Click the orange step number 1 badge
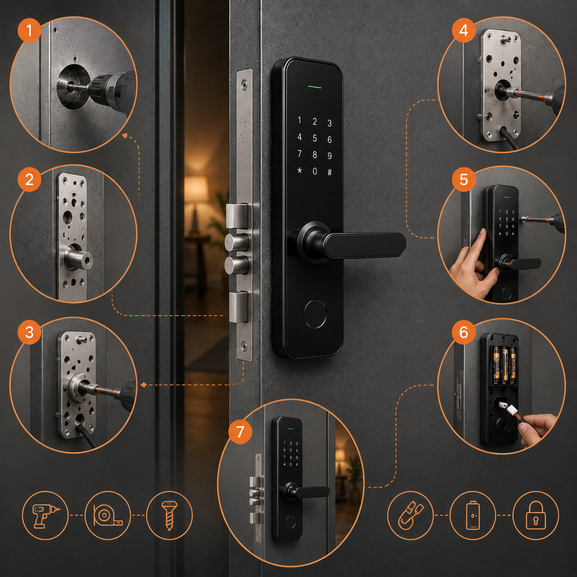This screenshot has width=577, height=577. [x=29, y=30]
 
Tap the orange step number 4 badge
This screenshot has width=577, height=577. [x=463, y=30]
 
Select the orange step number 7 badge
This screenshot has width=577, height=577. [x=240, y=432]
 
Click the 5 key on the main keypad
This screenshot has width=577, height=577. [x=314, y=138]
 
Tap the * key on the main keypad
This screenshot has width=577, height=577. [x=300, y=171]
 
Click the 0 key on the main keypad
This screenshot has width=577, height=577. [x=314, y=171]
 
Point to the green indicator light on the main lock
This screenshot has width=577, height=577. [x=314, y=87]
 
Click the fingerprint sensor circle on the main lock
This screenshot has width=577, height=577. [x=314, y=313]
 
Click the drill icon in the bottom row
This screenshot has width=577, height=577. [x=45, y=515]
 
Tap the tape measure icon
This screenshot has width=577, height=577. [x=108, y=515]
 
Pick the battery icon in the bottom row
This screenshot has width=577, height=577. [x=473, y=515]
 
